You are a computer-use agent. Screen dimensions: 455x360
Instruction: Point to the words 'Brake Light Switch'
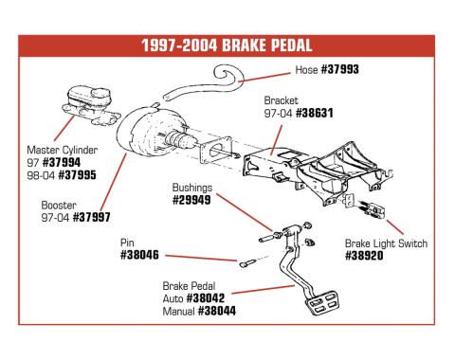click(x=386, y=243)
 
